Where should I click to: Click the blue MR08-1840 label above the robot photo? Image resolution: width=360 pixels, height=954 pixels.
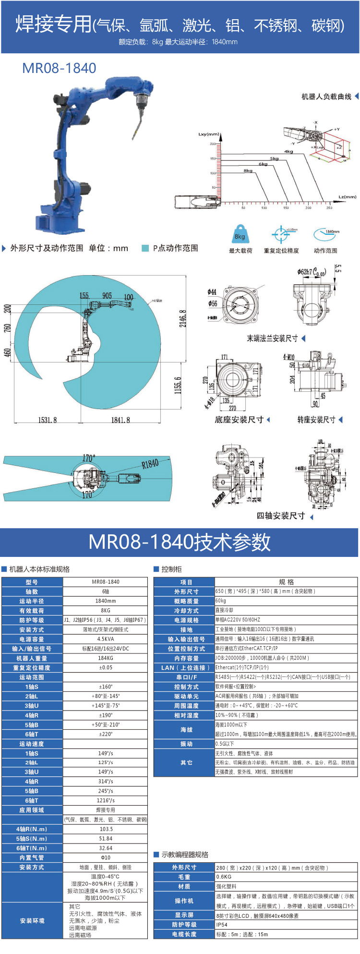(59, 68)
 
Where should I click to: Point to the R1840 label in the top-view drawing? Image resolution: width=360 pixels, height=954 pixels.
(150, 464)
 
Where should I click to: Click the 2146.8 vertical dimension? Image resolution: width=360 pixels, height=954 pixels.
(182, 318)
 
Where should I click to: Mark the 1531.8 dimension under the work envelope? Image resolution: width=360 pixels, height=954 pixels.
(48, 420)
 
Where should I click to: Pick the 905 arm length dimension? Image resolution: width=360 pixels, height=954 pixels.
(107, 296)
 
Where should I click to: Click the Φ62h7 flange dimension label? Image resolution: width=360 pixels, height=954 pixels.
(311, 272)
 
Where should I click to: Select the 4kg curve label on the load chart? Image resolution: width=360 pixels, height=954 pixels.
(288, 151)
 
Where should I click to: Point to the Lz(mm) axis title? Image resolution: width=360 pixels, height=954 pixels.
(348, 196)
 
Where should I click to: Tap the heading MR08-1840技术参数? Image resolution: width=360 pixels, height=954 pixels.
(180, 542)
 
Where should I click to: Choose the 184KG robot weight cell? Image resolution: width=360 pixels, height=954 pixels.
(106, 658)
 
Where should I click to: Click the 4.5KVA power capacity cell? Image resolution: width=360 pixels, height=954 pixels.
(106, 639)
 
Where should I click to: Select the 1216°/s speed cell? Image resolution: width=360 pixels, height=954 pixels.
(106, 800)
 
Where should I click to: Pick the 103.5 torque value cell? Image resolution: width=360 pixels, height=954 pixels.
(106, 829)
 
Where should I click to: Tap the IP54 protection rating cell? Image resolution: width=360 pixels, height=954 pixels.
(222, 924)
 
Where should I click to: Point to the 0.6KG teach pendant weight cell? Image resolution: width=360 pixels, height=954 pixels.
(224, 877)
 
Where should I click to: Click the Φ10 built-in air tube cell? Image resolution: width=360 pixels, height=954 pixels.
(106, 857)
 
